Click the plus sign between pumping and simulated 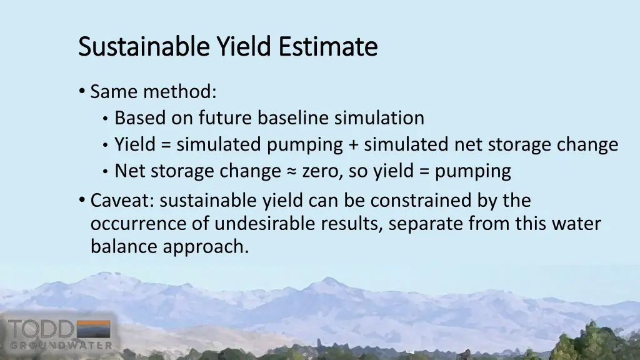coord(354,145)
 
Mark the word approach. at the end coord(206,247)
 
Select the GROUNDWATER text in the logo coord(61,345)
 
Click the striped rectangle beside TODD coord(92,329)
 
